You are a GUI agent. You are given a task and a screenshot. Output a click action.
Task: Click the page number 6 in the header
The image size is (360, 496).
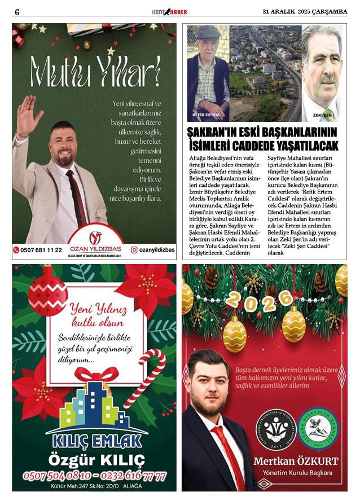(17, 12)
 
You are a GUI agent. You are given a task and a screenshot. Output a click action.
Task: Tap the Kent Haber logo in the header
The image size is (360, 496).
(169, 12)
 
